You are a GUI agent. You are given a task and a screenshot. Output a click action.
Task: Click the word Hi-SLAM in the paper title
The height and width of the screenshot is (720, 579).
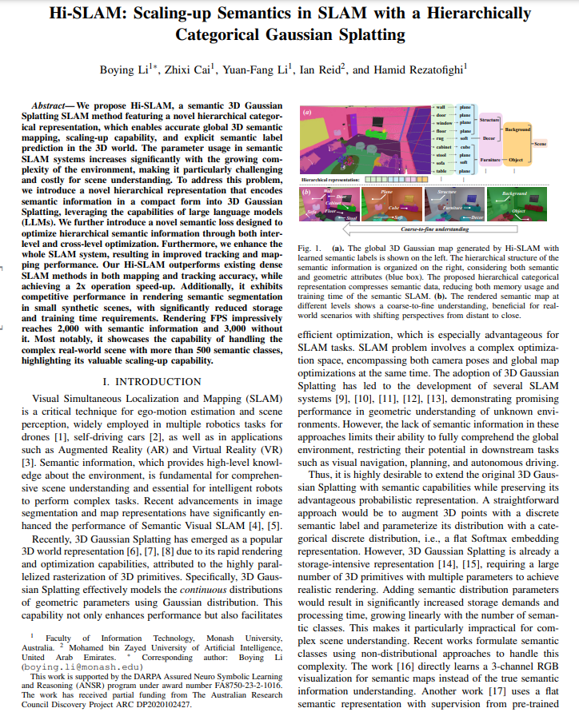click(83, 14)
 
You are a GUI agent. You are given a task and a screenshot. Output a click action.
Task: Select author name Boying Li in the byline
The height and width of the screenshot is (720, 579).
click(124, 70)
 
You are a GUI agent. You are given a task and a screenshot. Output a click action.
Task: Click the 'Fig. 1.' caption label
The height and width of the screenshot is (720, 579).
click(309, 249)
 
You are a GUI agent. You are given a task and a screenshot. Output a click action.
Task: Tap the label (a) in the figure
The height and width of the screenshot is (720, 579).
click(305, 112)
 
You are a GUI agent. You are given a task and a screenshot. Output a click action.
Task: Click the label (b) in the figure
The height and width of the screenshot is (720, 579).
click(305, 192)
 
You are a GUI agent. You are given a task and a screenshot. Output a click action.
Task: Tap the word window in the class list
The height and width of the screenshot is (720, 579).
click(442, 124)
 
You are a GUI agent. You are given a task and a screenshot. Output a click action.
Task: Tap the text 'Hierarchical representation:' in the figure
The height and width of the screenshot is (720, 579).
click(331, 182)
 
